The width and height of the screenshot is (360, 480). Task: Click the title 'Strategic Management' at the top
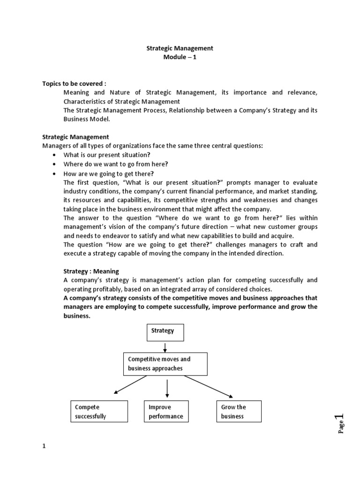coord(180,48)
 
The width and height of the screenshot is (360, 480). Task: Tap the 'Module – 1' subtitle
coord(180,57)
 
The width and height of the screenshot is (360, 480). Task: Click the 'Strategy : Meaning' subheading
coord(91,271)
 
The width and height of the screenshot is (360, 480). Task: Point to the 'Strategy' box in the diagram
coord(165,331)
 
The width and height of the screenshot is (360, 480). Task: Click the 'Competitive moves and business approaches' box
coord(165,364)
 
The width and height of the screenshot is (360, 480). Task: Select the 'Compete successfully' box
coord(98,412)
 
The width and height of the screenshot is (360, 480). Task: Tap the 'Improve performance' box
coord(165,412)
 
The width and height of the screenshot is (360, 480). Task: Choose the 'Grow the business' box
coord(238,412)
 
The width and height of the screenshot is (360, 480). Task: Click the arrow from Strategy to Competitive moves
coord(165,347)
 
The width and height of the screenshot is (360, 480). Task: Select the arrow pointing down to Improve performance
coord(167,388)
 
